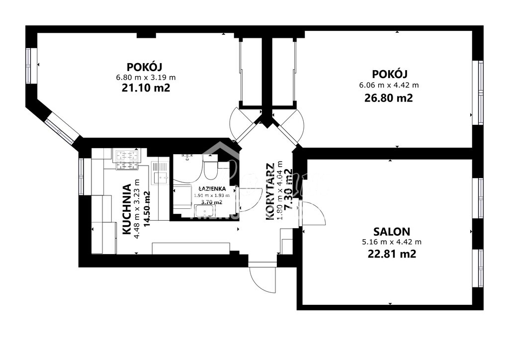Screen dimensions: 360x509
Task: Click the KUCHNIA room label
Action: (x=126, y=209)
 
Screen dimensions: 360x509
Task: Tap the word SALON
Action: (x=392, y=231)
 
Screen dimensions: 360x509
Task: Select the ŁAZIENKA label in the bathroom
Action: (x=212, y=189)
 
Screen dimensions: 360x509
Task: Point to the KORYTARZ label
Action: (x=270, y=191)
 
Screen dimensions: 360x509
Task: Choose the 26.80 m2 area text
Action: (x=389, y=98)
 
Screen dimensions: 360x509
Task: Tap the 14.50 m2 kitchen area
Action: (x=146, y=209)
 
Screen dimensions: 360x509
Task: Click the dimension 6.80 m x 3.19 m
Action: (x=146, y=77)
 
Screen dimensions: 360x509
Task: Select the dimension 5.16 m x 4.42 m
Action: (x=392, y=242)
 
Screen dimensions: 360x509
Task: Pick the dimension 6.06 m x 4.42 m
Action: (x=389, y=85)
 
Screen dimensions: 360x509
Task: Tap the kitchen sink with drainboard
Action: (x=160, y=172)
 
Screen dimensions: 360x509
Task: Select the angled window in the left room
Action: (x=63, y=126)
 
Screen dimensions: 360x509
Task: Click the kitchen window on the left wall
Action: (x=82, y=176)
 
